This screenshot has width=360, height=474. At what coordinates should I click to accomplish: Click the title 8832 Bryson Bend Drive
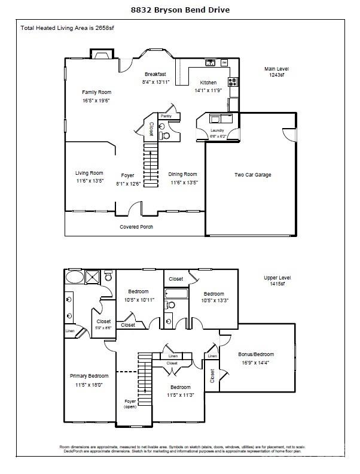click(180, 10)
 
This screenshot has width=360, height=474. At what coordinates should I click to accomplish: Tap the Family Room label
click(96, 92)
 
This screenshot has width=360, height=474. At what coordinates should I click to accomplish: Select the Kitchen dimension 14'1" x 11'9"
click(208, 90)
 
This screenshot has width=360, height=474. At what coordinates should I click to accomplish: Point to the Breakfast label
click(155, 74)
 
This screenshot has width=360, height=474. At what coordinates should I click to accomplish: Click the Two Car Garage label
click(252, 175)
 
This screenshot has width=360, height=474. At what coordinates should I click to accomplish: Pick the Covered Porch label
click(136, 227)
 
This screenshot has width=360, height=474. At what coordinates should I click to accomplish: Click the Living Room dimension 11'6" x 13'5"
click(90, 181)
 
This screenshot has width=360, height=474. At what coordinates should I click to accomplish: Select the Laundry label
click(216, 130)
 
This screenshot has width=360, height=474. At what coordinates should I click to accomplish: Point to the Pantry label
click(166, 116)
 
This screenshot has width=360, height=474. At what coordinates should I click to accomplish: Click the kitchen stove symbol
click(233, 82)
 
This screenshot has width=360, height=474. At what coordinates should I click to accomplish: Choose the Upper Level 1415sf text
click(277, 281)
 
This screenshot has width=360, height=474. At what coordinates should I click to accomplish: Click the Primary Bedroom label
click(87, 376)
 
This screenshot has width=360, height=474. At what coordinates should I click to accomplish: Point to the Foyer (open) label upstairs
click(130, 404)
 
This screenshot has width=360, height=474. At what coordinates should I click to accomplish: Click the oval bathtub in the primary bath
click(75, 277)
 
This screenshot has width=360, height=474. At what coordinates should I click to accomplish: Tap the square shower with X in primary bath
click(93, 276)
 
